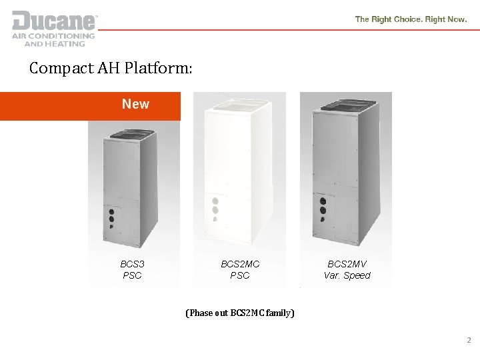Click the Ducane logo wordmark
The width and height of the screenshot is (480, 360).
(x=54, y=19)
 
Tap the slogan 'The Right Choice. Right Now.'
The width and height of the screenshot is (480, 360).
(x=411, y=19)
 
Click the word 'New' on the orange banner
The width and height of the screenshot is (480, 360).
(x=135, y=104)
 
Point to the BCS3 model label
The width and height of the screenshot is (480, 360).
(x=132, y=264)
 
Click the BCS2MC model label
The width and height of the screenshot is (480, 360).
(x=240, y=264)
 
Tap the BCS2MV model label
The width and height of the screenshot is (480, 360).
(x=347, y=264)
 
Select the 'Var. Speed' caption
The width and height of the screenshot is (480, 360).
(x=347, y=275)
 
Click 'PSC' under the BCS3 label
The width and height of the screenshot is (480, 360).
(x=132, y=275)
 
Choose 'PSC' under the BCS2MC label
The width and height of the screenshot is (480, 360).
(x=240, y=275)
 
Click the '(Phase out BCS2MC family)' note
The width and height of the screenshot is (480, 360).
(x=240, y=312)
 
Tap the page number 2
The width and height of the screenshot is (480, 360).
(x=468, y=340)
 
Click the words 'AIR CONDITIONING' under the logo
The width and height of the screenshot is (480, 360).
(x=53, y=36)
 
